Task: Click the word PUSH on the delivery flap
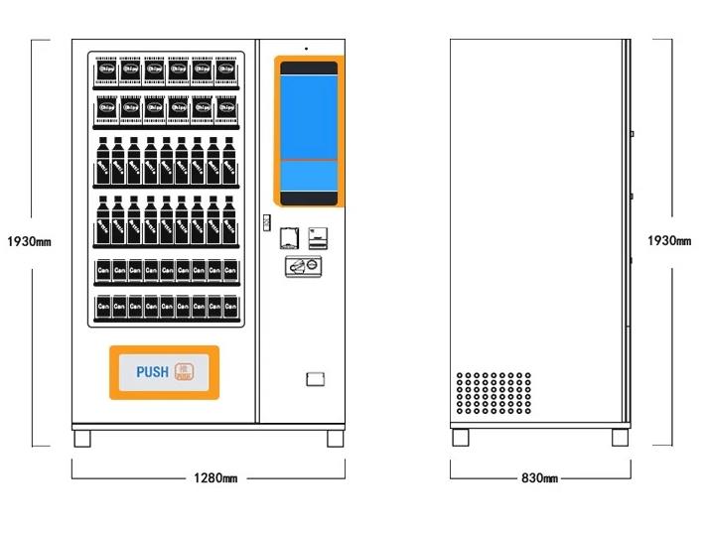pyautogui.click(x=152, y=372)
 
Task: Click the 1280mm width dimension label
pyautogui.click(x=214, y=478)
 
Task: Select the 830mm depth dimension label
pyautogui.click(x=539, y=478)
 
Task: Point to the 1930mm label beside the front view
pyautogui.click(x=28, y=241)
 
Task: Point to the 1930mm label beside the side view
pyautogui.click(x=669, y=240)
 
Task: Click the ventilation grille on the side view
pyautogui.click(x=494, y=394)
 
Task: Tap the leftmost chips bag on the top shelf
pyautogui.click(x=105, y=70)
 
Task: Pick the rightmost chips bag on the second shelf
pyautogui.click(x=227, y=107)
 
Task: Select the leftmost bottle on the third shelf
pyautogui.click(x=102, y=160)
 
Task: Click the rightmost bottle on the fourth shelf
pyautogui.click(x=229, y=219)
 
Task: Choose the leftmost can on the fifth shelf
pyautogui.click(x=102, y=269)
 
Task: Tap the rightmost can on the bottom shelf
pyautogui.click(x=230, y=308)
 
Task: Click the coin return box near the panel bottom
pyautogui.click(x=314, y=379)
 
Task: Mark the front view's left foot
pyautogui.click(x=81, y=437)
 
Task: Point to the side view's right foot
pyautogui.click(x=620, y=437)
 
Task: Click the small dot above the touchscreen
pyautogui.click(x=306, y=48)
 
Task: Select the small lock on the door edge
pyautogui.click(x=265, y=221)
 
